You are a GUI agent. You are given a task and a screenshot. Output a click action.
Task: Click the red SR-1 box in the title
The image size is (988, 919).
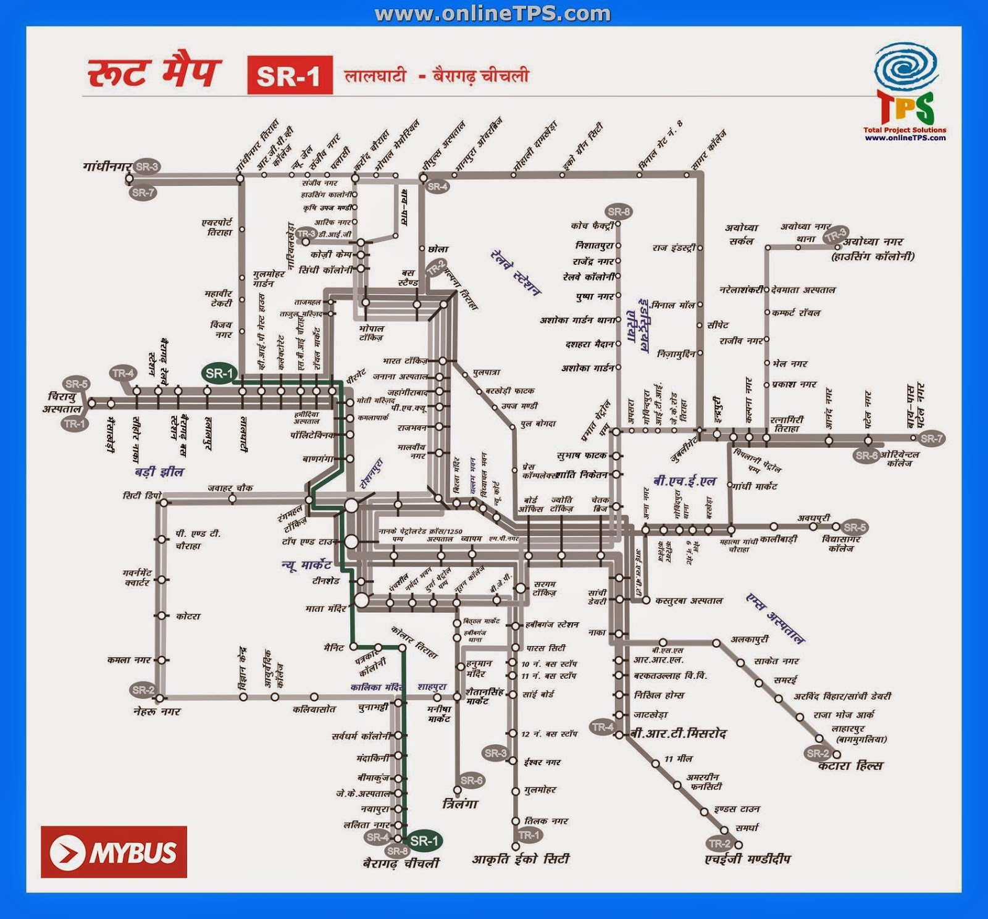click(x=290, y=75)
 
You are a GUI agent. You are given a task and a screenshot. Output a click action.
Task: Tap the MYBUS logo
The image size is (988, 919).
click(x=114, y=852)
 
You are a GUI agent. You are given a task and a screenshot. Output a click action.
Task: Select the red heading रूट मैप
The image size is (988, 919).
click(x=153, y=72)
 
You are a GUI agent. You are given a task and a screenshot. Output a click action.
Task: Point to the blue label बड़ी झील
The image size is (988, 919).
click(x=159, y=472)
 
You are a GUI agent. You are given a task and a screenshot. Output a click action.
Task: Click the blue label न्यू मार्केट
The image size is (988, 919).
click(x=307, y=564)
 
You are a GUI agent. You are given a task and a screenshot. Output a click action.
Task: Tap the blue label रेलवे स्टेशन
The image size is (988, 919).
click(x=516, y=273)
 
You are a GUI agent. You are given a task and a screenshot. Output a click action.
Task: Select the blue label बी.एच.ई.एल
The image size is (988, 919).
click(x=685, y=481)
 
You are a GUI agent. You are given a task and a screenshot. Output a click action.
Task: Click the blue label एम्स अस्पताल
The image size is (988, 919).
click(x=775, y=618)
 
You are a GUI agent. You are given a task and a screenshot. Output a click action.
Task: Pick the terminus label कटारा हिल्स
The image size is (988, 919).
click(x=850, y=766)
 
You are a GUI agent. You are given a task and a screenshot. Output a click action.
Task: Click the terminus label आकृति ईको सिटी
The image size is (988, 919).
click(x=521, y=859)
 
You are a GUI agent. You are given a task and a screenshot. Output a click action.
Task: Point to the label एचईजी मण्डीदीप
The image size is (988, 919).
click(x=748, y=859)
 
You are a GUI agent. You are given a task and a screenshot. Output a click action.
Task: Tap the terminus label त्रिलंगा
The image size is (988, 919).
click(x=460, y=804)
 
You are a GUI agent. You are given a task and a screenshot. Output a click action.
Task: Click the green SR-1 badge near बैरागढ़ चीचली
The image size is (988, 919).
click(x=424, y=841)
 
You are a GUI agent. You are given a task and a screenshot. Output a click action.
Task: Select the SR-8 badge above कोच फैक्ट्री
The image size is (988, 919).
click(x=619, y=212)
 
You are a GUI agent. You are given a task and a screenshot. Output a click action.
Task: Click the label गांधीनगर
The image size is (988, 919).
click(x=107, y=166)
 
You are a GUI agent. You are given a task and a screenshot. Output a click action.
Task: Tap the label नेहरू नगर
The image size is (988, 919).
click(x=157, y=711)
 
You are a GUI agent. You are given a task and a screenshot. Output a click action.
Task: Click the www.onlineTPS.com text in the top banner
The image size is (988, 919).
click(x=493, y=14)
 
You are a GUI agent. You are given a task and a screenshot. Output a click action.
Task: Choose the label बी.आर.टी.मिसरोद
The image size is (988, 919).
click(x=678, y=734)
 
